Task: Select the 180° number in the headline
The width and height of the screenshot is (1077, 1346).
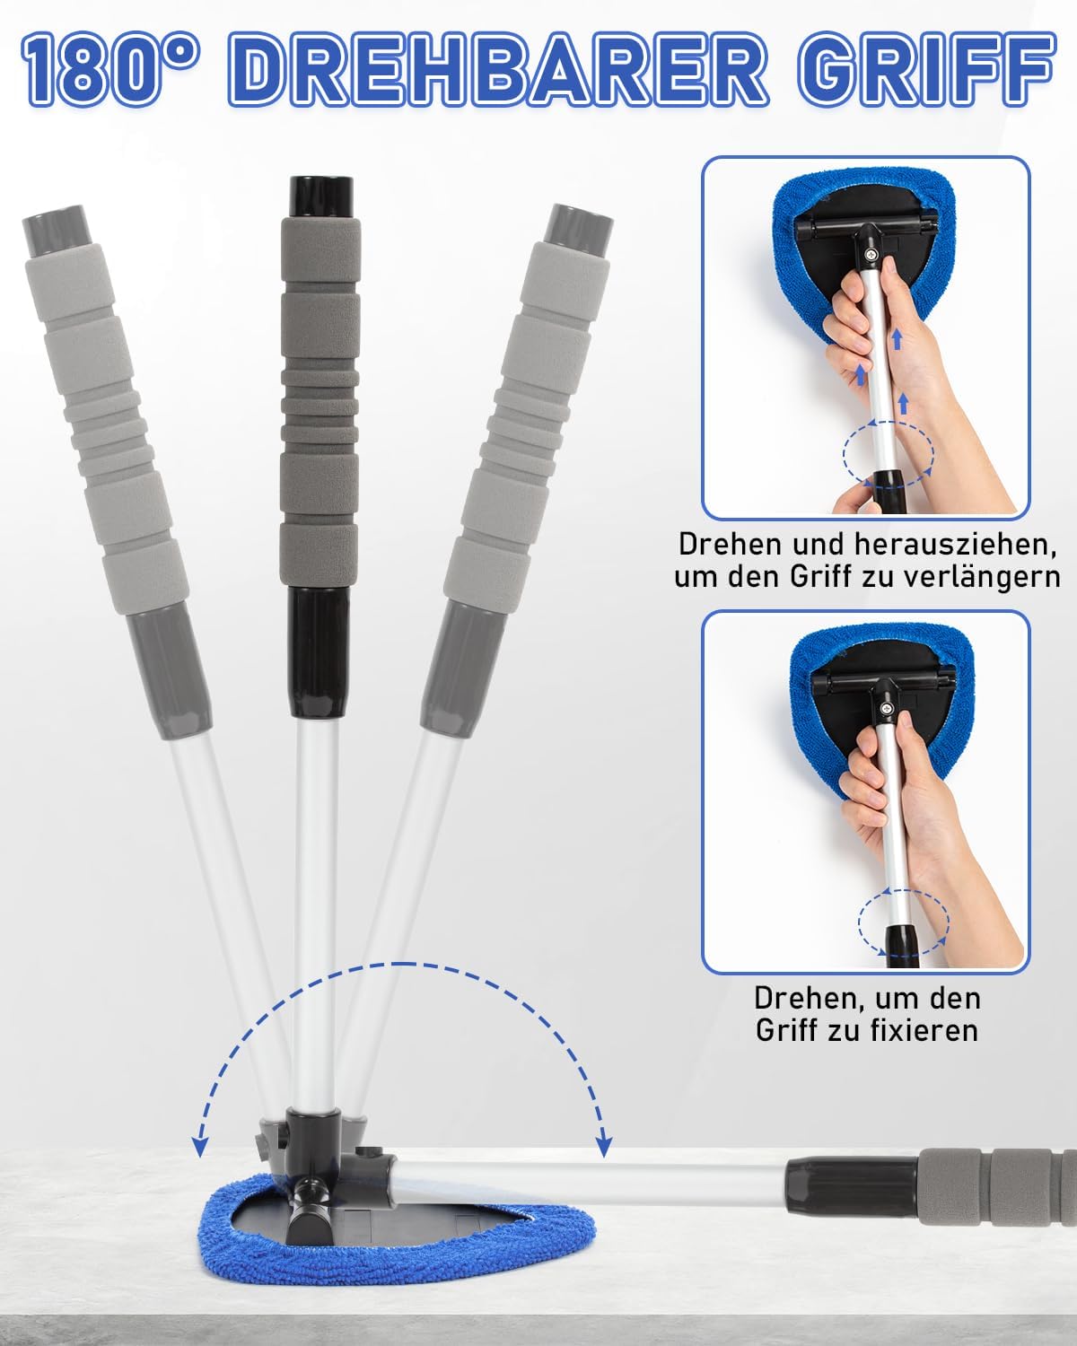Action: tap(111, 69)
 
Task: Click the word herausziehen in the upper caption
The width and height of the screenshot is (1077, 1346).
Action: tap(956, 544)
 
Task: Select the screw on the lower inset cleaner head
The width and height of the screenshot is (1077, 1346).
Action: tap(887, 709)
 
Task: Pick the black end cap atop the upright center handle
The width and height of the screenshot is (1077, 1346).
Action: tap(321, 197)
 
